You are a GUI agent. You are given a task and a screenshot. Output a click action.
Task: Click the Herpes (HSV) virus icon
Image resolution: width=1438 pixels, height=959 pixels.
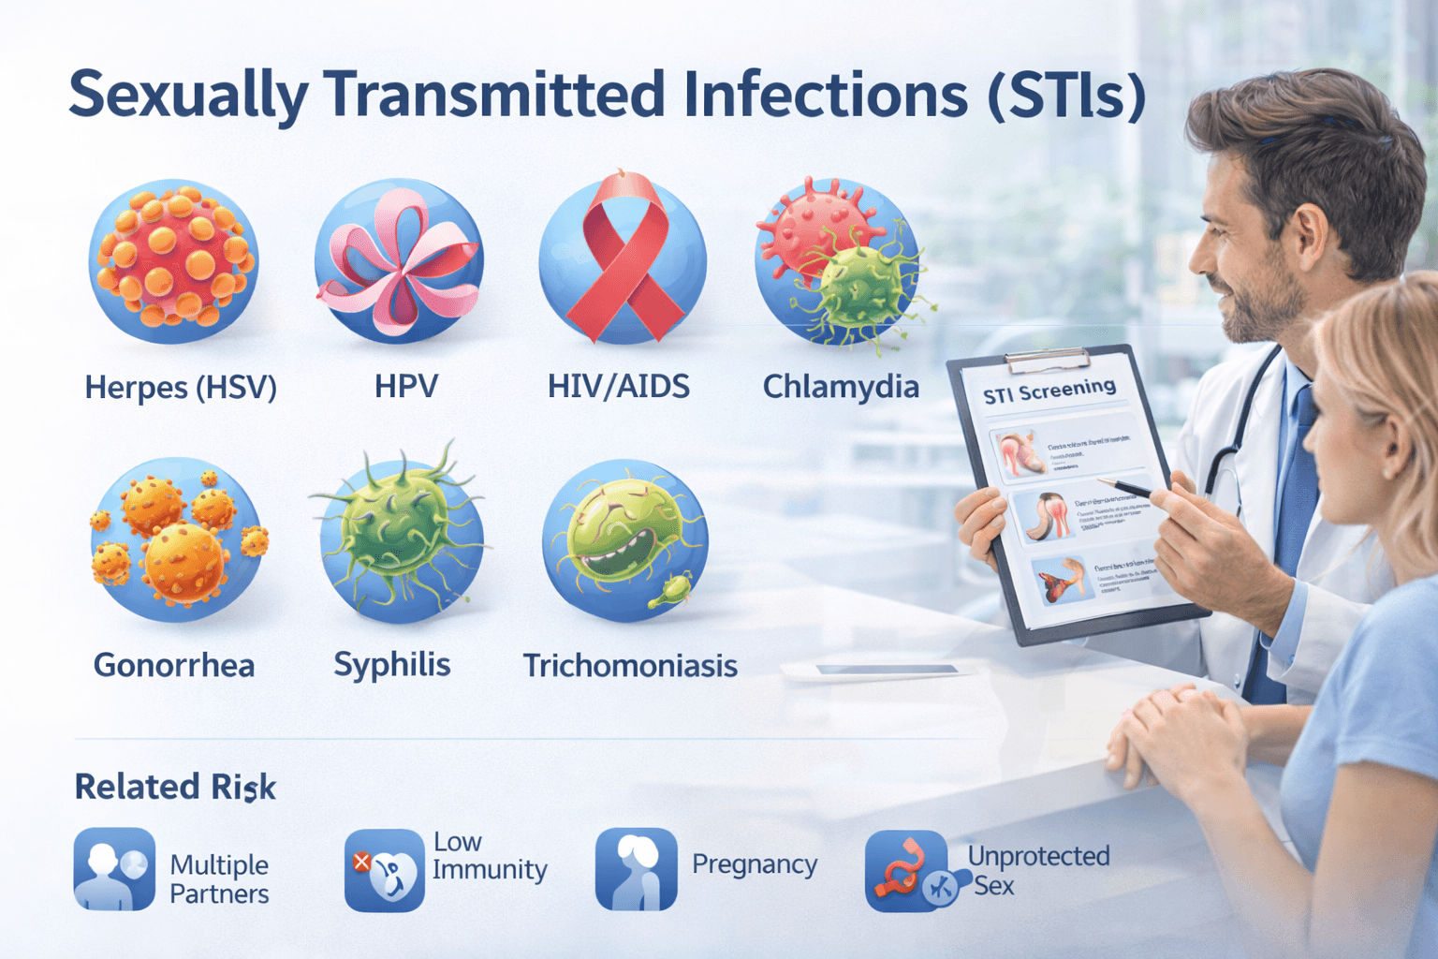[173, 261]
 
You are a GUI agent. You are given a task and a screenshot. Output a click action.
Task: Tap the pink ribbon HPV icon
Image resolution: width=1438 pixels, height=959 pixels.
[400, 262]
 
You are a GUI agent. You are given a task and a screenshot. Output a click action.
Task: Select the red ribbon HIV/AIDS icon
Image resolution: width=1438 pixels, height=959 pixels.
[624, 261]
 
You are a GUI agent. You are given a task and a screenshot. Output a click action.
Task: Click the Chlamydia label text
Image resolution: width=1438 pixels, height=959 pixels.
[841, 387]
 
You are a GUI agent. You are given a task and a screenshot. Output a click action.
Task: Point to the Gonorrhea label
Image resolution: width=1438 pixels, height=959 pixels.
[174, 666]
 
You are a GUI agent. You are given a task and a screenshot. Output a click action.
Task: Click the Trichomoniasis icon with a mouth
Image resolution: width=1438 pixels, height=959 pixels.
[625, 540]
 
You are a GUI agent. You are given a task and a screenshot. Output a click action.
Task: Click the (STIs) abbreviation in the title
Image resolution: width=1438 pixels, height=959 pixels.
[1066, 96]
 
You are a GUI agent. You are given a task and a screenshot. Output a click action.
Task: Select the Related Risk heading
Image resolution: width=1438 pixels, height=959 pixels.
[175, 788]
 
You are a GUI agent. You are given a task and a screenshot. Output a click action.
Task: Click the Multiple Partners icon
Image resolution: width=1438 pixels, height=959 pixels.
[114, 869]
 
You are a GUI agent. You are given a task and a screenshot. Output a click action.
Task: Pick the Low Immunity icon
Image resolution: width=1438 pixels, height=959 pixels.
[384, 870]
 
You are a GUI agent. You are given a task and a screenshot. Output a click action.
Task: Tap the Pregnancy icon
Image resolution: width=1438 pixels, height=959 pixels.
[636, 869]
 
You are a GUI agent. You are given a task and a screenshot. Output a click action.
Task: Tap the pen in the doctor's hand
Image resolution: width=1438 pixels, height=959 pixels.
[1127, 487]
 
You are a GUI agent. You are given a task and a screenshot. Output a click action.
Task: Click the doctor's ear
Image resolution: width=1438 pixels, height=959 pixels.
[1308, 229]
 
